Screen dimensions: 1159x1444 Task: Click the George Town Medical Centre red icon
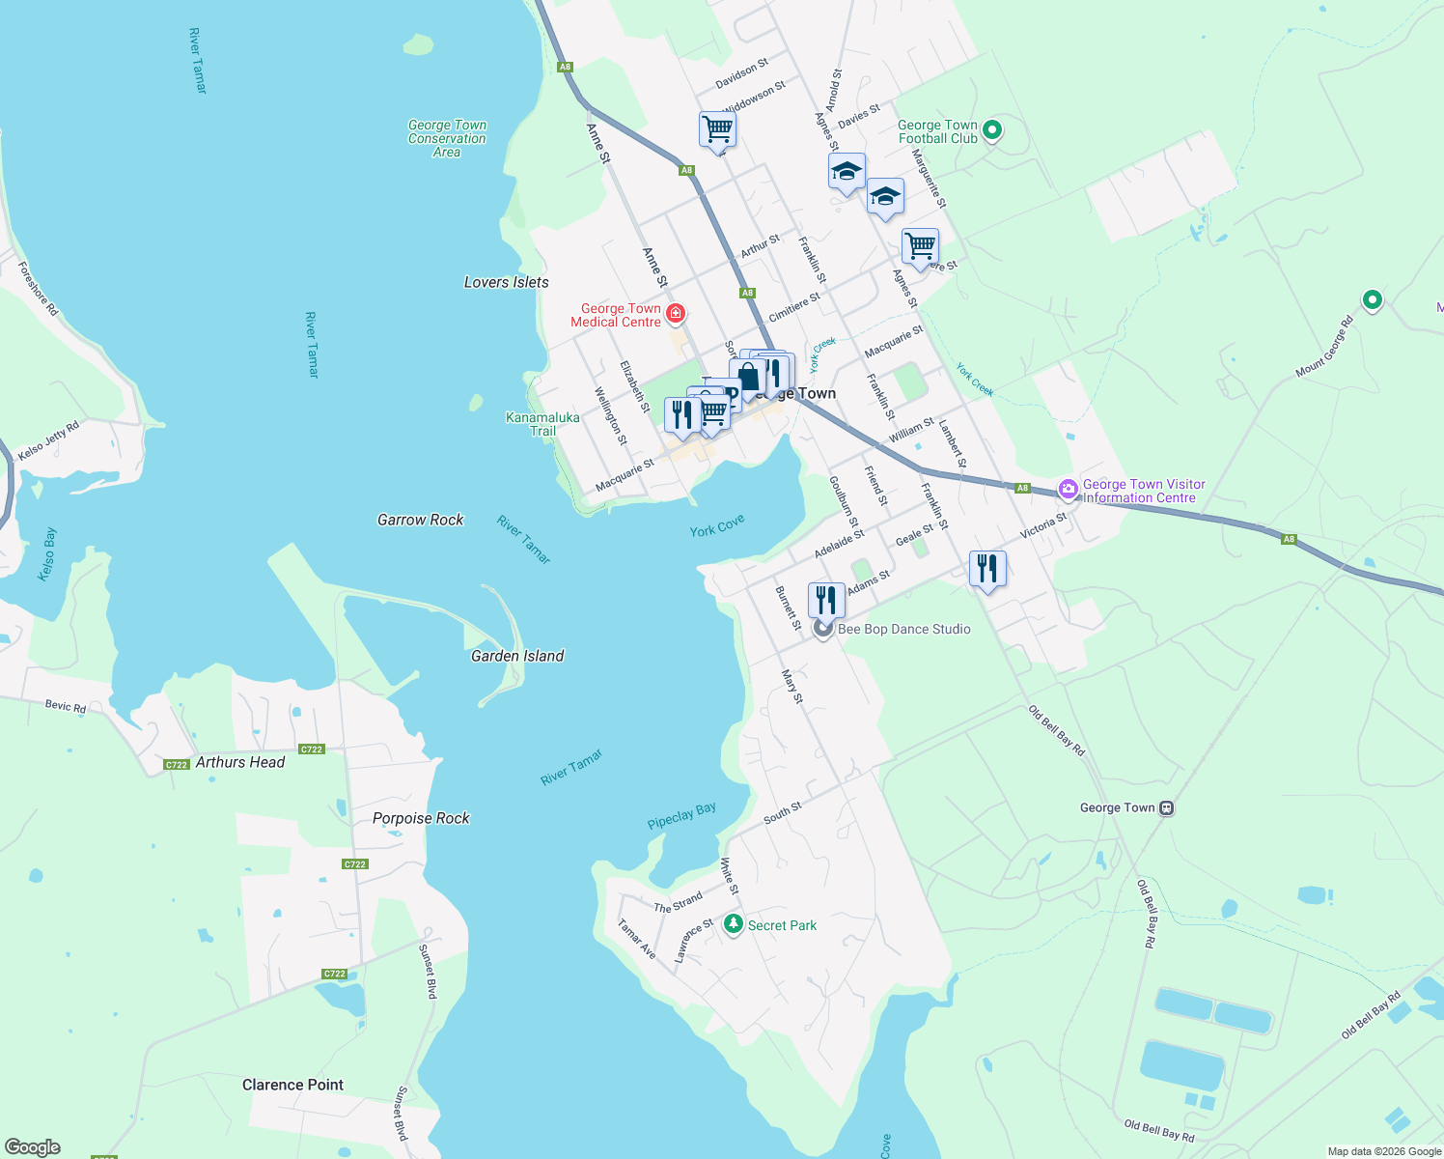point(676,313)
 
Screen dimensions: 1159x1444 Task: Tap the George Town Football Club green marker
point(992,130)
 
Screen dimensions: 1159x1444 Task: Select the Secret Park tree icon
point(734,924)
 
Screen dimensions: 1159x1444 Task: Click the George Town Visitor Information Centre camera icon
point(1068,490)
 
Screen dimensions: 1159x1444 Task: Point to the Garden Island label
point(517,656)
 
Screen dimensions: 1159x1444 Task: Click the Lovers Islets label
point(506,282)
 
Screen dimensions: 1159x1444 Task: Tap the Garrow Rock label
point(420,520)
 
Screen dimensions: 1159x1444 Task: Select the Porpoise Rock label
point(421,818)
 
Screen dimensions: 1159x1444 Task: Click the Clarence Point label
point(292,1085)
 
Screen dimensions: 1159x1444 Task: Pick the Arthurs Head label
point(240,762)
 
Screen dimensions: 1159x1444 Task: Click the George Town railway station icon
point(1166,807)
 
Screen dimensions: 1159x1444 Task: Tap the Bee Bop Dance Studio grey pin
point(822,629)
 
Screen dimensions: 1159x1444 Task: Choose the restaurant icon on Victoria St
point(986,568)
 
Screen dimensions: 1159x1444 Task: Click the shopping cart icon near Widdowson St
point(717,128)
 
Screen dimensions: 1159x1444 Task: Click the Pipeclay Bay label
point(681,815)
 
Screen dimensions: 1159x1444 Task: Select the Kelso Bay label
point(47,554)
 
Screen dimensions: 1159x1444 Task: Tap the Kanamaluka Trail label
point(542,424)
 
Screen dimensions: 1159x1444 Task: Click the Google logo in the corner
point(33,1147)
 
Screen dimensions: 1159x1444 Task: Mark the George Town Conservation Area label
point(447,138)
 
